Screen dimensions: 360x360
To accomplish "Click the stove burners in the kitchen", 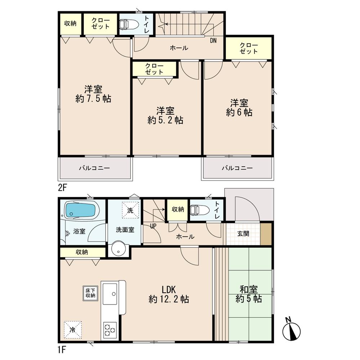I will tap(109, 329).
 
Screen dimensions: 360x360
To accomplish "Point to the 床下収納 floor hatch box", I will tap(90, 293).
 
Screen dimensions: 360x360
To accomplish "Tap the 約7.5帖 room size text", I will tap(93, 99).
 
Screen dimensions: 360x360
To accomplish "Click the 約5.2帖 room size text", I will tap(165, 120).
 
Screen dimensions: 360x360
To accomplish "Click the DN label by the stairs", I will tap(213, 41).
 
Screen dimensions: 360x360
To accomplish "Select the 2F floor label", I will tap(63, 187).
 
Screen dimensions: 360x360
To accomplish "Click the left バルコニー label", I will tap(94, 168).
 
